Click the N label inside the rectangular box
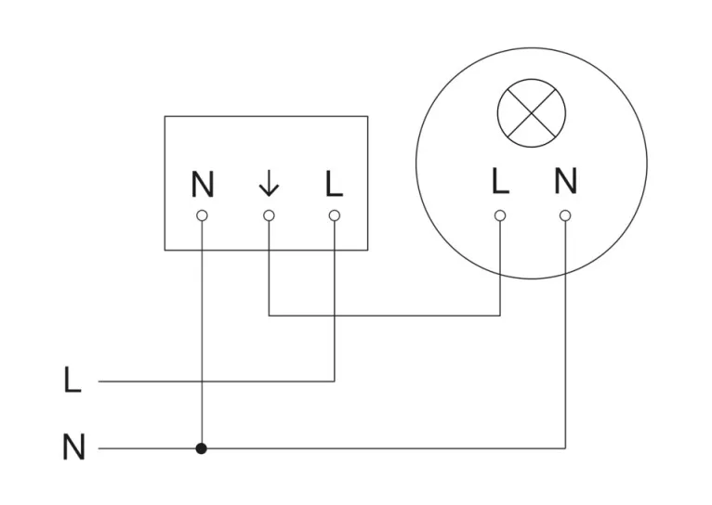[x=203, y=186]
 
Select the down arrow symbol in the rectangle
[x=269, y=186]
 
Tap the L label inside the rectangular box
[x=335, y=185]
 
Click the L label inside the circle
[x=500, y=182]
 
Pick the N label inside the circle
[x=565, y=181]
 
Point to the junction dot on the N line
[x=202, y=448]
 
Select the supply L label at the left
[x=73, y=381]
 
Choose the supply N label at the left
[x=73, y=448]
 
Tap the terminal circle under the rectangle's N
[x=203, y=215]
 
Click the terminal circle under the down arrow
[x=269, y=215]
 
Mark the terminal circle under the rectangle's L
[x=335, y=215]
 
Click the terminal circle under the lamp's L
[x=500, y=215]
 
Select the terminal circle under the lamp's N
[x=565, y=215]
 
